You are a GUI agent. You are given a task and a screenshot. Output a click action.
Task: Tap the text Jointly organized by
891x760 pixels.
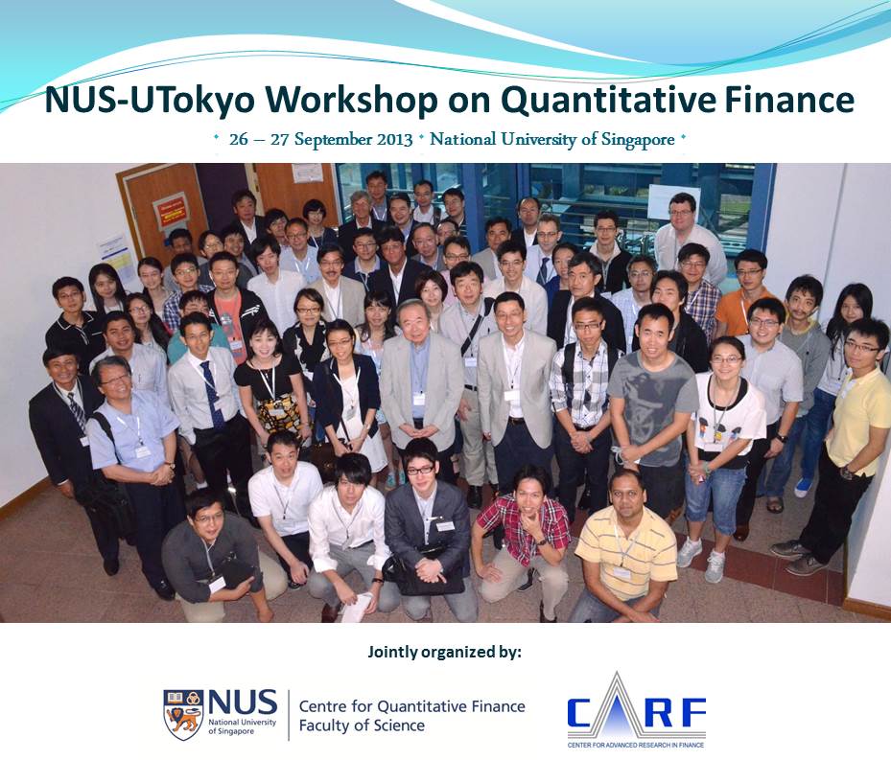tap(444, 652)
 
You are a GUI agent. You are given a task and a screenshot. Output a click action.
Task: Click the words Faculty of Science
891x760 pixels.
tap(362, 725)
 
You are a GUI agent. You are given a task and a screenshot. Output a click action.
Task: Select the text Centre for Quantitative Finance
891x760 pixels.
tap(411, 706)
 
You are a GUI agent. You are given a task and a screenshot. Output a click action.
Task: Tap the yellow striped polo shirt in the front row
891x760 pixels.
tap(626, 551)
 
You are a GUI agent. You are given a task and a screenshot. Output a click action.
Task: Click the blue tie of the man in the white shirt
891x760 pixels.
tap(211, 396)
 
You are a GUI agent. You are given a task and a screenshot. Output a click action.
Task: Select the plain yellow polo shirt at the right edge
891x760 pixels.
tap(859, 421)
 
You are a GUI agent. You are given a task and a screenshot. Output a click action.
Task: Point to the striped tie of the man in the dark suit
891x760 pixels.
tap(76, 408)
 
